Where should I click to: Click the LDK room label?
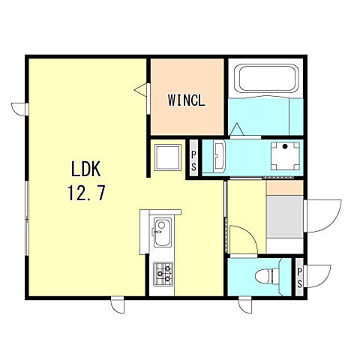(86, 169)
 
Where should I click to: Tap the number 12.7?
(86, 193)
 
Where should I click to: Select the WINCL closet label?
(187, 100)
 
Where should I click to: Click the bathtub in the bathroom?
(267, 79)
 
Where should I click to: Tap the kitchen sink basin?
(162, 232)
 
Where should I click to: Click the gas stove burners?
(163, 274)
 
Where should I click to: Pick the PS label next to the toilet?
(299, 277)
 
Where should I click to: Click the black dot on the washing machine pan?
(285, 146)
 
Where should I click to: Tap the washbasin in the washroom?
(220, 157)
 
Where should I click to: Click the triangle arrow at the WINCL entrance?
(140, 90)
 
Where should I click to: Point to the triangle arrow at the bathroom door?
(236, 130)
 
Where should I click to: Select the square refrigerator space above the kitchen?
(167, 157)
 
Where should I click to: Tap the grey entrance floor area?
(285, 217)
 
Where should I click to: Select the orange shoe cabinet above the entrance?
(285, 187)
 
